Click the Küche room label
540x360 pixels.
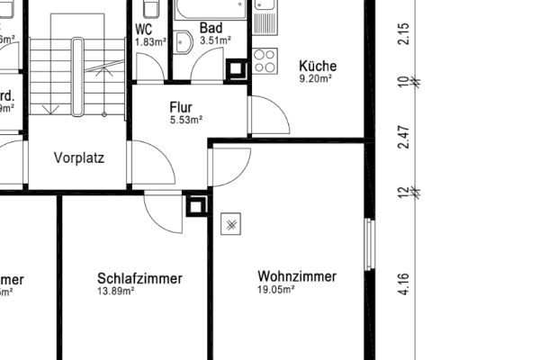[317, 66]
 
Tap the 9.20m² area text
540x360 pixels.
[317, 78]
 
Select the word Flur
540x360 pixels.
[181, 108]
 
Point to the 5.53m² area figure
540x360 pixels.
[185, 120]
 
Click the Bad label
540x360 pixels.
[211, 28]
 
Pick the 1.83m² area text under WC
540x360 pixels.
[149, 41]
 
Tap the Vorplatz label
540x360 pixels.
[79, 158]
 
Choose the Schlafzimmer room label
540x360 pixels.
[139, 279]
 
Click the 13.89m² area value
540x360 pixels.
[116, 291]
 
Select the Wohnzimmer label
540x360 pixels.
[297, 276]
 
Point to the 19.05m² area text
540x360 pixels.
[276, 289]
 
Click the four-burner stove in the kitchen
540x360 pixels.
[265, 61]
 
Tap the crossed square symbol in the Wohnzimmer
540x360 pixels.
[231, 223]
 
